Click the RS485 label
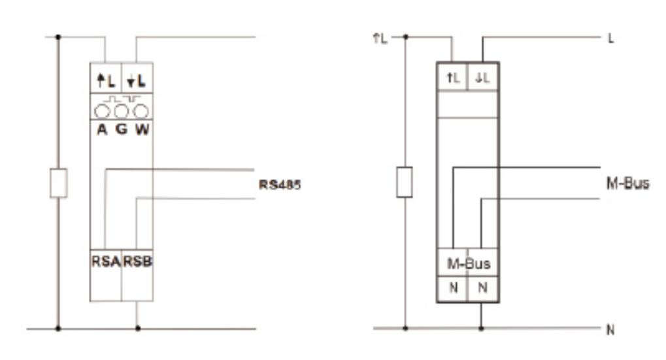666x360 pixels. (280, 185)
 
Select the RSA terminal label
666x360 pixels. (106, 261)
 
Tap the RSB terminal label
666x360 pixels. (138, 261)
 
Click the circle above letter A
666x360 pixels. (102, 112)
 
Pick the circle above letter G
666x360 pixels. (121, 112)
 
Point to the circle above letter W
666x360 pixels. (141, 112)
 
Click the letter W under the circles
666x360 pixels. (142, 129)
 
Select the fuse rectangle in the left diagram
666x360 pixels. (59, 183)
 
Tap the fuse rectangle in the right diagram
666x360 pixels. (405, 182)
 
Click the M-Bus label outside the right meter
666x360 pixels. (628, 184)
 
